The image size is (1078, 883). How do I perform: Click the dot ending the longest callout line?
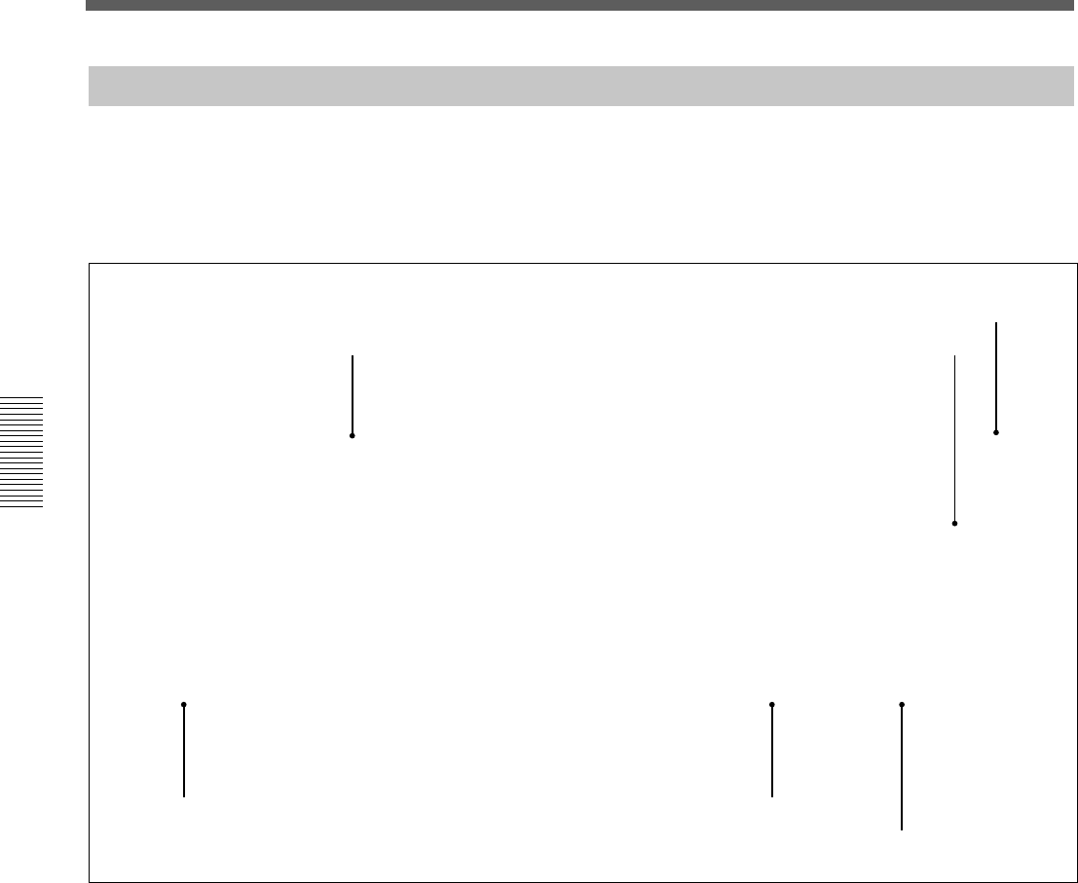pyautogui.click(x=954, y=524)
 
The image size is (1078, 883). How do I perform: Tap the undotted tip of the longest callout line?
pyautogui.click(x=954, y=356)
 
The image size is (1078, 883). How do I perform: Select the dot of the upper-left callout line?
pyautogui.click(x=353, y=435)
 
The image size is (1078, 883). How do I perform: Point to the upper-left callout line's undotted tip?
pyautogui.click(x=353, y=356)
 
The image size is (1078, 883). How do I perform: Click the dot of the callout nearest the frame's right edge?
pyautogui.click(x=996, y=431)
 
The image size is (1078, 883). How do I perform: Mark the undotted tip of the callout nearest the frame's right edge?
pyautogui.click(x=996, y=323)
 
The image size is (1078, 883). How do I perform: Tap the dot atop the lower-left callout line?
pyautogui.click(x=183, y=704)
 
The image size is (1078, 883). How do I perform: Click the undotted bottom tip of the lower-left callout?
pyautogui.click(x=183, y=796)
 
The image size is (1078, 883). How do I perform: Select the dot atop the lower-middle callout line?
pyautogui.click(x=772, y=704)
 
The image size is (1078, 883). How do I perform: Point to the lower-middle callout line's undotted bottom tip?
pyautogui.click(x=772, y=796)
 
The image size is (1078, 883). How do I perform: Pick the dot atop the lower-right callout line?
pyautogui.click(x=902, y=704)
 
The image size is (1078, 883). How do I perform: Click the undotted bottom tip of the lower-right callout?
pyautogui.click(x=902, y=829)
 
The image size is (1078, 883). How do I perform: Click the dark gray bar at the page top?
pyautogui.click(x=581, y=5)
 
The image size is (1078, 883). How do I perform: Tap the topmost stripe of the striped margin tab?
pyautogui.click(x=21, y=398)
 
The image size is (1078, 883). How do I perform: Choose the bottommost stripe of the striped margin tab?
pyautogui.click(x=21, y=505)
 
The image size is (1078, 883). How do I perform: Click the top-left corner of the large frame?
pyautogui.click(x=90, y=264)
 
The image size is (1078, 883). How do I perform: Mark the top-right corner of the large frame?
pyautogui.click(x=1077, y=264)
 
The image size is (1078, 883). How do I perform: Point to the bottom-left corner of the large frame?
pyautogui.click(x=90, y=881)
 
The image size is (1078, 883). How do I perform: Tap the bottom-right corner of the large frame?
pyautogui.click(x=1077, y=881)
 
